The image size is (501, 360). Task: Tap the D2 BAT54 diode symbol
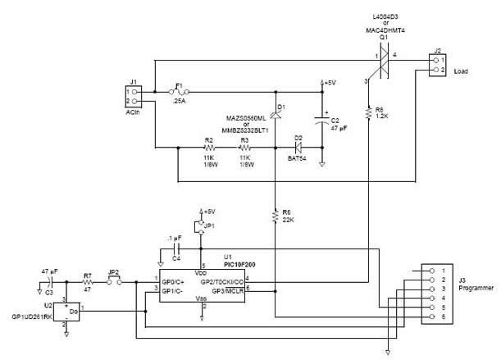[x=298, y=148]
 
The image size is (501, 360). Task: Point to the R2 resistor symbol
[x=208, y=148]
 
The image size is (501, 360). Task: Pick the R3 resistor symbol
[x=244, y=148]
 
